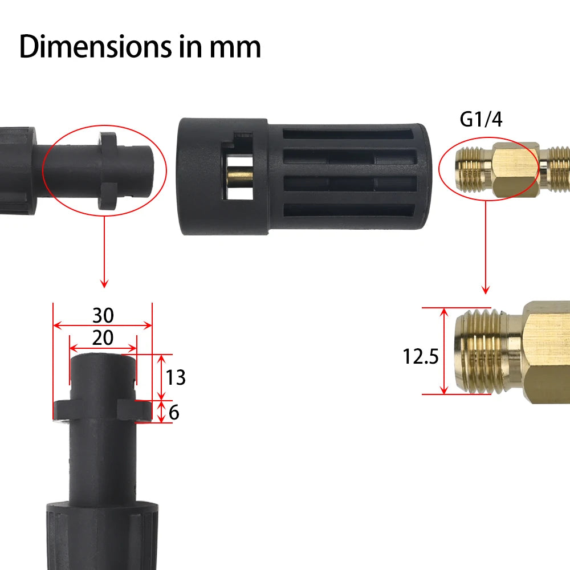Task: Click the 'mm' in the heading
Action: pos(235,47)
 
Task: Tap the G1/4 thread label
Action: pos(481,120)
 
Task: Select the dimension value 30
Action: pos(103,315)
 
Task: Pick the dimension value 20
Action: pos(103,338)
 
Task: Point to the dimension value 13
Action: pos(176,377)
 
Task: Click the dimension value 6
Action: pos(174,412)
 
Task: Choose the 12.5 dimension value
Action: pos(420,357)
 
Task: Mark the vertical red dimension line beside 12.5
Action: pos(444,351)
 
